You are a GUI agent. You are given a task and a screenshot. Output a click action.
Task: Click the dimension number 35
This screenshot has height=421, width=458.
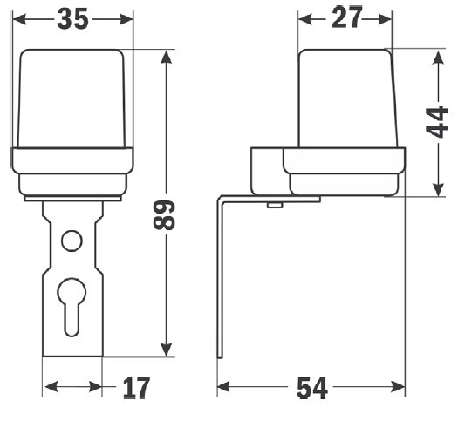(x=72, y=19)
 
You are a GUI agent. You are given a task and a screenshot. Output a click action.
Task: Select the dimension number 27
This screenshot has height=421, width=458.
(x=346, y=17)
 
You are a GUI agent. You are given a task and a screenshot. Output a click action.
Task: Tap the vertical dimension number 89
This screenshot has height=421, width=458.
(x=164, y=214)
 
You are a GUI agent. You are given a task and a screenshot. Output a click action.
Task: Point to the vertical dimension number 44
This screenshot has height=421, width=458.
(x=437, y=122)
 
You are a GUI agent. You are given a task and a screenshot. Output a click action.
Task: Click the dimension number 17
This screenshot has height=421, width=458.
(x=136, y=388)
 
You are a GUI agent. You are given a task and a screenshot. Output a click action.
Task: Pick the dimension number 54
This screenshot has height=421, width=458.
(x=312, y=388)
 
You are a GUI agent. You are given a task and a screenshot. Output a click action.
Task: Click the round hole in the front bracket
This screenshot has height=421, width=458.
(x=72, y=241)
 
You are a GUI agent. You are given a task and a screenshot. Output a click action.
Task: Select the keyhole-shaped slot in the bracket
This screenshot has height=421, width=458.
(x=72, y=307)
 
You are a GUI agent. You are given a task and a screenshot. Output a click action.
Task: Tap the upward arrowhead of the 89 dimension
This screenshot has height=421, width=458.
(x=167, y=58)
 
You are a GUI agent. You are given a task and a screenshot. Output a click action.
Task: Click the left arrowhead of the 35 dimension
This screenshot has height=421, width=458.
(x=20, y=19)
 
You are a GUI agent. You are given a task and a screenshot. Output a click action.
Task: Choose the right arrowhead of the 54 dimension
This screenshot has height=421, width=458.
(x=398, y=387)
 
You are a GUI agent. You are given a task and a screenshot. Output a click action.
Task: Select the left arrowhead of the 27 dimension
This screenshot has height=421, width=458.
(x=305, y=19)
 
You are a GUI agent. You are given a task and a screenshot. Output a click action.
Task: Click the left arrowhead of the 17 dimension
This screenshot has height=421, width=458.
(x=51, y=387)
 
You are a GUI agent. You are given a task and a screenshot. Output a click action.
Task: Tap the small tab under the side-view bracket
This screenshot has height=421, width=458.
(x=275, y=205)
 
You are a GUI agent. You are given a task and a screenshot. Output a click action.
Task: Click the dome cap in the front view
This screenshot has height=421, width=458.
(x=72, y=98)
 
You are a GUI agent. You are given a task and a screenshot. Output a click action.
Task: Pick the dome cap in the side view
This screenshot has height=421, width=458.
(x=347, y=98)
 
